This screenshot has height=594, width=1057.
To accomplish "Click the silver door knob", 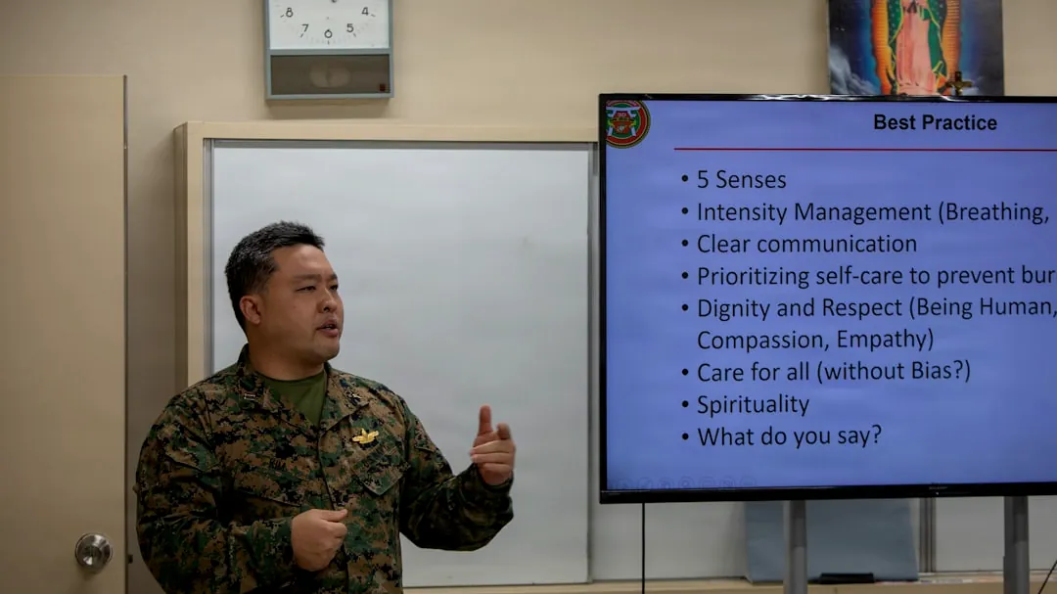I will point(93,552).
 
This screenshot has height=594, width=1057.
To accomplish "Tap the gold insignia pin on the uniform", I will point(365,436).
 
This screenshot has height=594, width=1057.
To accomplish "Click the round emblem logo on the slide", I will point(626,123).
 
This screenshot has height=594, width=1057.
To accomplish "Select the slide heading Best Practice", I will point(935,123).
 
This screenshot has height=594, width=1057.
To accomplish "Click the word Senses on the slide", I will point(751,180).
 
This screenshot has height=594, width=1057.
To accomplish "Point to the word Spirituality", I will point(753,404).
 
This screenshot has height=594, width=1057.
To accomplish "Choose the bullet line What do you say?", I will point(789,435).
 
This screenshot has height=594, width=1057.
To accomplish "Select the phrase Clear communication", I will point(806,244).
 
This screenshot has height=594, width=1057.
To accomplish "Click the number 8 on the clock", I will point(289,13).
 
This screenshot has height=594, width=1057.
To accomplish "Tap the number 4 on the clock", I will point(365,12).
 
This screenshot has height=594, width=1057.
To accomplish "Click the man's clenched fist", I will point(319,536).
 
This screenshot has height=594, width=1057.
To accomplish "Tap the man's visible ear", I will point(252,312).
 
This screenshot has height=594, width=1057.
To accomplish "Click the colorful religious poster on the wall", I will point(915,47).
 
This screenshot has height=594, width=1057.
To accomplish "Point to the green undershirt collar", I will point(299,391).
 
